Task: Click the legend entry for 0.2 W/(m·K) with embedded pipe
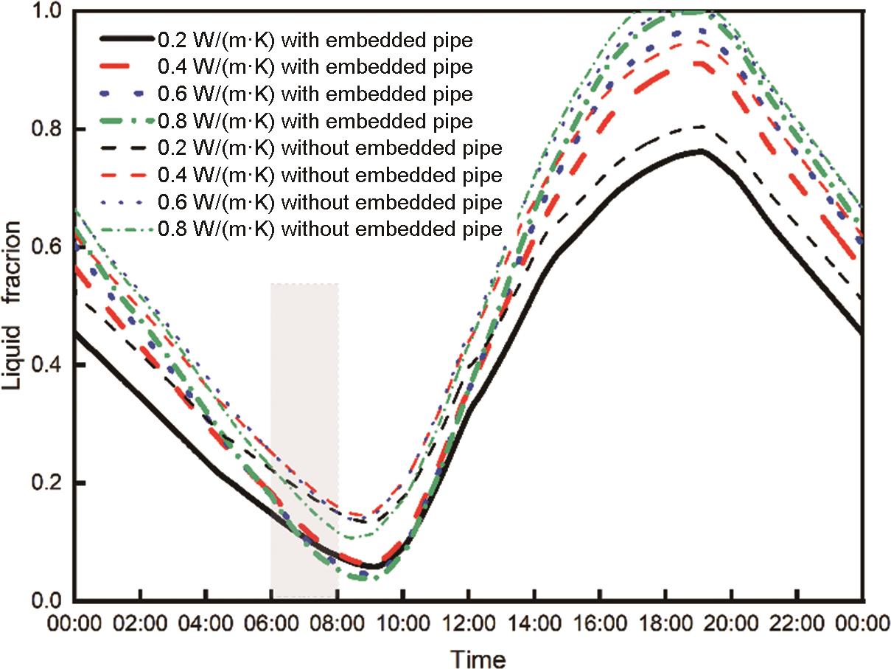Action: pyautogui.click(x=315, y=40)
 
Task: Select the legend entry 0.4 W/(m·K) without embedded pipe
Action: pyautogui.click(x=330, y=176)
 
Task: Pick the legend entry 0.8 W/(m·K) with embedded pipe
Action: pyautogui.click(x=315, y=121)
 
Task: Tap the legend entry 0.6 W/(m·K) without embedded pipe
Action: pyautogui.click(x=330, y=202)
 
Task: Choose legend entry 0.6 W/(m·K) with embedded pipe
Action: pyautogui.click(x=315, y=94)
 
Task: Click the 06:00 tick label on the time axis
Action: pyautogui.click(x=272, y=624)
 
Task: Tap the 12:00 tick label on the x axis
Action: pyautogui.click(x=469, y=624)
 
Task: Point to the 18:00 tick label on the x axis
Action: pyautogui.click(x=666, y=624)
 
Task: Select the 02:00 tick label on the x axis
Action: pyautogui.click(x=140, y=624)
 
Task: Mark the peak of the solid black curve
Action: pyautogui.click(x=700, y=150)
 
